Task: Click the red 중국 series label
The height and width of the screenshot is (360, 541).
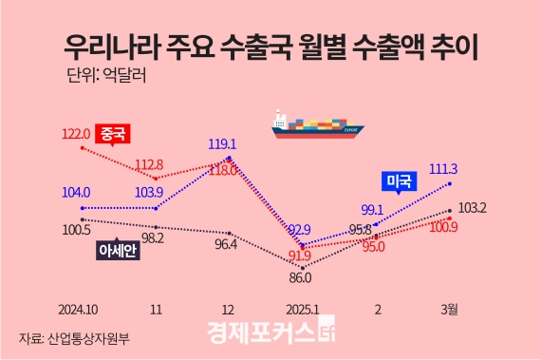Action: (x=114, y=134)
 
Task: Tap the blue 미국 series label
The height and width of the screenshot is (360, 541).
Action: (x=400, y=180)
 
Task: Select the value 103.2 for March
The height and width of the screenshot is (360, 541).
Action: (x=472, y=208)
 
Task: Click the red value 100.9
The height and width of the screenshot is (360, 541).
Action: (x=444, y=226)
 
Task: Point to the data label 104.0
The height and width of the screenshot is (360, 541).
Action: (x=75, y=192)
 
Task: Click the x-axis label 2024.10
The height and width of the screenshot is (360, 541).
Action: (x=78, y=308)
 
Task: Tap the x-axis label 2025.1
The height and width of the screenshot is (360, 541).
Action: (x=301, y=308)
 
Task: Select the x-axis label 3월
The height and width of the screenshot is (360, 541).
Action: (x=450, y=308)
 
